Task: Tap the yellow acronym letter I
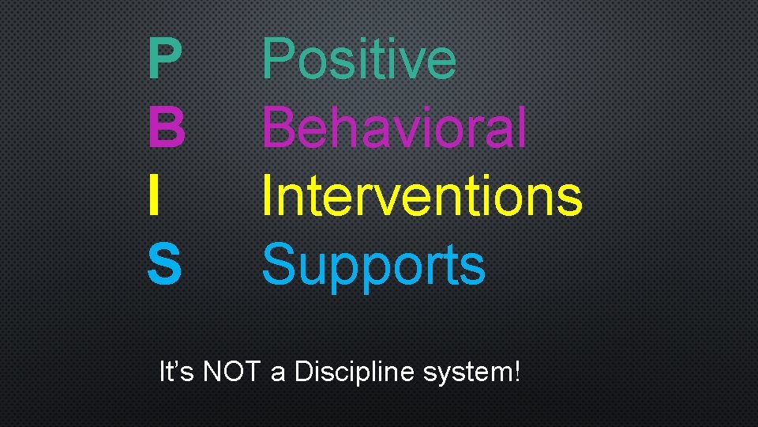156,195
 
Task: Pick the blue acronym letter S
164,263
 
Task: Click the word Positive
359,60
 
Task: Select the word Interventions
422,195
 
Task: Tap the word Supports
373,266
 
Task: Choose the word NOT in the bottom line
231,371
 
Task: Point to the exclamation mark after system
516,371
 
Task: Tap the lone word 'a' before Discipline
277,373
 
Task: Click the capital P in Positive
279,60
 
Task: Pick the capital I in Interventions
267,195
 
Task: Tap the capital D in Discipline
303,371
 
